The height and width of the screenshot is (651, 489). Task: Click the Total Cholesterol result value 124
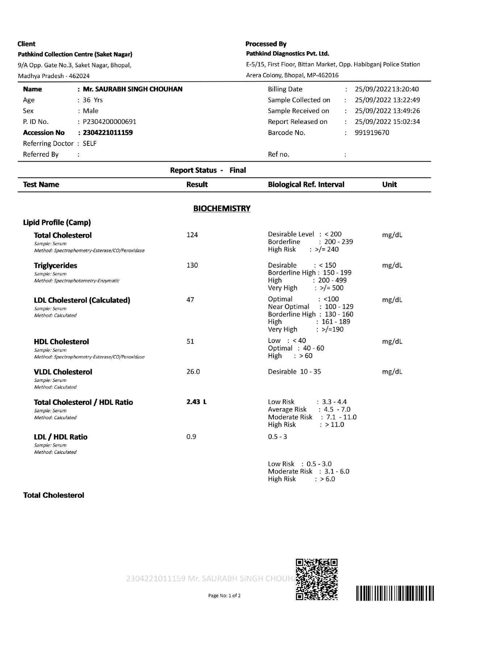(x=192, y=235)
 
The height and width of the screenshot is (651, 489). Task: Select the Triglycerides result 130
(x=192, y=265)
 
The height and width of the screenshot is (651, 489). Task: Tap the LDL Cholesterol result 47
(x=190, y=300)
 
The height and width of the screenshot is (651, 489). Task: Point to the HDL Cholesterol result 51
(x=190, y=341)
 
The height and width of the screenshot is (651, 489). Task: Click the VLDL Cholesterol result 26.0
(x=193, y=372)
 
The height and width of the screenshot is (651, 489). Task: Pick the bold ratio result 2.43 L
(x=196, y=402)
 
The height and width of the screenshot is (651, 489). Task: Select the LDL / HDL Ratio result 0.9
(x=191, y=437)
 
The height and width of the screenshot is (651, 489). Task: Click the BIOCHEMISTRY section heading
(x=222, y=209)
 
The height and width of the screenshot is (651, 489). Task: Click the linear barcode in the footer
(x=395, y=593)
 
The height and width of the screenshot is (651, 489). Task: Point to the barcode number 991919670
(x=372, y=133)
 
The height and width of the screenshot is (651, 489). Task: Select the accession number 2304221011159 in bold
(x=108, y=133)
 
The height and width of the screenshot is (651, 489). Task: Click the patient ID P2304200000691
(x=109, y=122)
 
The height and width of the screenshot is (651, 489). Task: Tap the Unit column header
(x=389, y=184)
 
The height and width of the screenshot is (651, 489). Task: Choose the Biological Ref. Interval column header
(x=306, y=184)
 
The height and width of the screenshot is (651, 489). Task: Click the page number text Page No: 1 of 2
(x=224, y=596)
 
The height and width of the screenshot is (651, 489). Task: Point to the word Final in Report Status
(x=238, y=170)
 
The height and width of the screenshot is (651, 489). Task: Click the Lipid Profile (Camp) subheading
(x=57, y=222)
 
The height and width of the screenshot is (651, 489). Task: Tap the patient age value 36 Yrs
(x=93, y=100)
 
